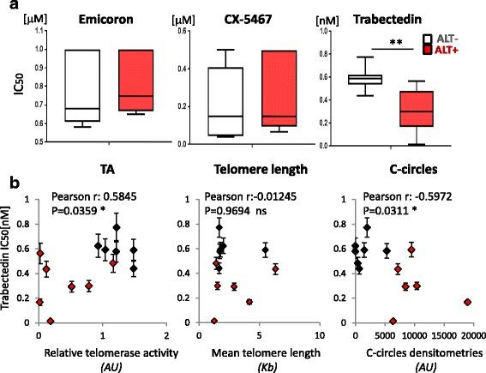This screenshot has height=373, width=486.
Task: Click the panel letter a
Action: click(x=8, y=9)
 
